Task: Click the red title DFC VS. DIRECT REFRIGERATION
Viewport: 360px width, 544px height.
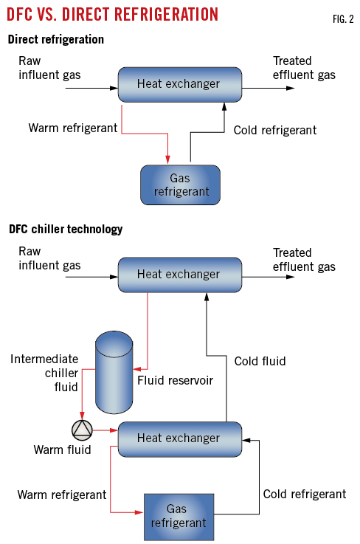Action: (114, 14)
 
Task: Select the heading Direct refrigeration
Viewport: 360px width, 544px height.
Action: (56, 38)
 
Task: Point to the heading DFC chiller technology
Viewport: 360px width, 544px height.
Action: (66, 229)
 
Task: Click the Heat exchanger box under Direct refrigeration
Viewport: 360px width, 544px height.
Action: (179, 83)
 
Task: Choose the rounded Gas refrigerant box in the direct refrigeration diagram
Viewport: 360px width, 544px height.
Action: (180, 184)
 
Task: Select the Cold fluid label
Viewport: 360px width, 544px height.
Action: (260, 361)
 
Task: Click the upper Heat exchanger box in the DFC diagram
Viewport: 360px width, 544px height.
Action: (179, 275)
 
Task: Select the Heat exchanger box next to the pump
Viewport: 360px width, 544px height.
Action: (179, 438)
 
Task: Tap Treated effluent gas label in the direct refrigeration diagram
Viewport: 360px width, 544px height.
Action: (304, 67)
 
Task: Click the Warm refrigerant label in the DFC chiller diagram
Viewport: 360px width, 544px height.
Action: (62, 494)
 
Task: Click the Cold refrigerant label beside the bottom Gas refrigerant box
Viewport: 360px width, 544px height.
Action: (304, 494)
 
